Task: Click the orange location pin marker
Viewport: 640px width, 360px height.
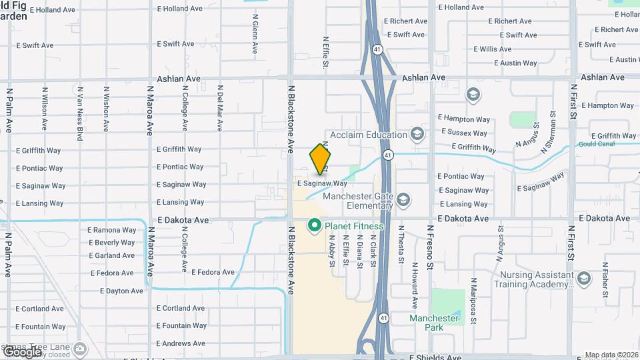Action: point(320,159)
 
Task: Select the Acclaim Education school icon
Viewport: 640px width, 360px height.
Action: point(417,135)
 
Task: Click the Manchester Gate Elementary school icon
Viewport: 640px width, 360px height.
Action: point(403,200)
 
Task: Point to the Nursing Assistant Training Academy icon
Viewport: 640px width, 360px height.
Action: point(584,279)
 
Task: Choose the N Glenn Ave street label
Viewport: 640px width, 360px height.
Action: point(255,37)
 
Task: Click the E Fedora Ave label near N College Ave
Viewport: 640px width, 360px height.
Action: point(213,272)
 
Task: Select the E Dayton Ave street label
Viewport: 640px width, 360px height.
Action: point(121,291)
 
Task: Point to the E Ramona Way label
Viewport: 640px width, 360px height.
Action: point(112,230)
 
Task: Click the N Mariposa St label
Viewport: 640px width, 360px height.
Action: point(473,301)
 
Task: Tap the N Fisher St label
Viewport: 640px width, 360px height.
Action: point(605,280)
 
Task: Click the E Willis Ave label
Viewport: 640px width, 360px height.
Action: point(493,49)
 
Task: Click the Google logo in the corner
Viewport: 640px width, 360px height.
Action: point(21,351)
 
